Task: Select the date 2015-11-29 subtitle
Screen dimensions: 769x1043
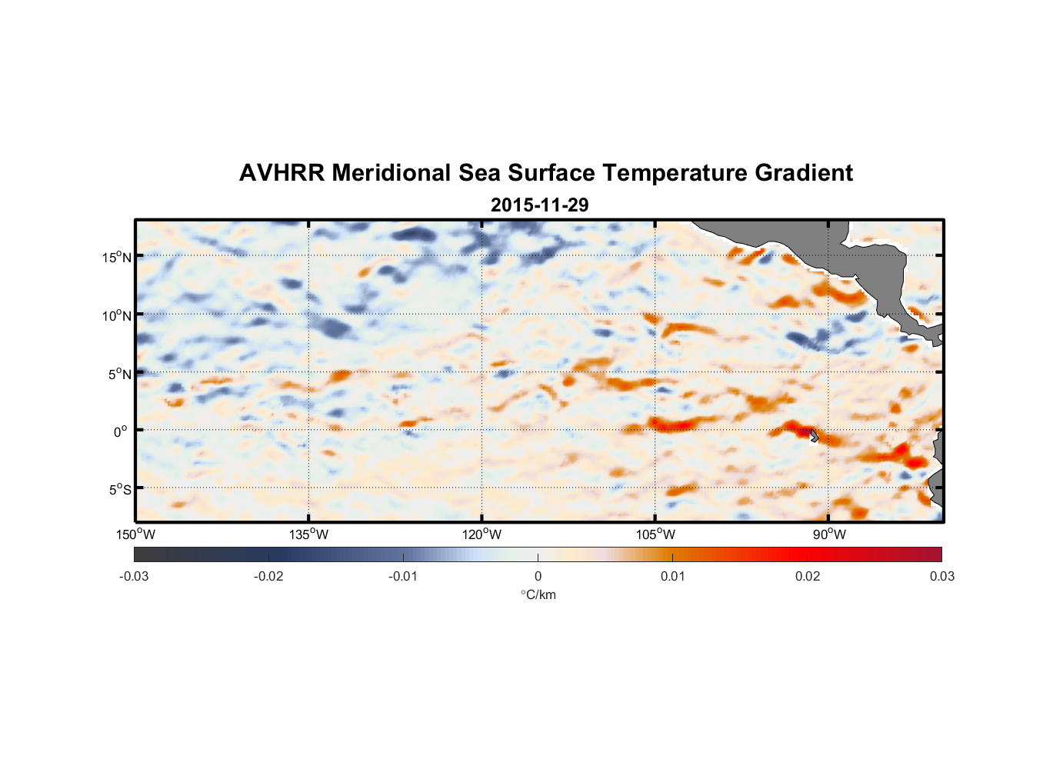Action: [x=539, y=205]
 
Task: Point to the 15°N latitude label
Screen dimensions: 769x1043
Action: [x=117, y=257]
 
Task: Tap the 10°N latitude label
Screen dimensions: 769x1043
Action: [x=117, y=315]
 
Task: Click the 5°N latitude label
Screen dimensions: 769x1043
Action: [x=119, y=374]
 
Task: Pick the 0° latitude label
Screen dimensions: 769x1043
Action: [x=121, y=431]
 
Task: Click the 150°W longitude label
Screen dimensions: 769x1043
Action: [x=135, y=534]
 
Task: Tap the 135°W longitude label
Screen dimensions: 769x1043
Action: [x=308, y=534]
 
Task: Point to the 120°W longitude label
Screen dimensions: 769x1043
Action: [x=482, y=534]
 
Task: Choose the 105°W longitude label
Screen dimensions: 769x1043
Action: [x=655, y=534]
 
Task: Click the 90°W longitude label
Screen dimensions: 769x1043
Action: [x=829, y=534]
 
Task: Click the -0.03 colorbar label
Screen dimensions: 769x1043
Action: [x=134, y=576]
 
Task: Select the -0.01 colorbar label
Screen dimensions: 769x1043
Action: [x=403, y=576]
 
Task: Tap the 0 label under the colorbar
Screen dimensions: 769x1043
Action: [x=538, y=576]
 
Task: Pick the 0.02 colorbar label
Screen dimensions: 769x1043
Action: [x=808, y=576]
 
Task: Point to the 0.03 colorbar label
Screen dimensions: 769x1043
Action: [x=941, y=576]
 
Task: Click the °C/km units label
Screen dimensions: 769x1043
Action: [x=538, y=594]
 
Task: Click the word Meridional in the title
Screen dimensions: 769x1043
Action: [x=392, y=173]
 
